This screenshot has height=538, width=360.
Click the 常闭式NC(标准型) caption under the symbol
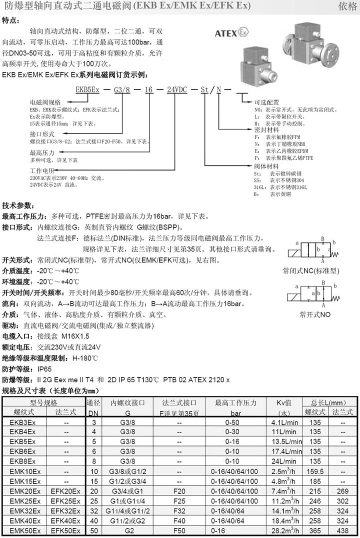pyautogui.click(x=310, y=271)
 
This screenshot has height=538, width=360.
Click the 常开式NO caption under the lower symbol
pyautogui.click(x=315, y=315)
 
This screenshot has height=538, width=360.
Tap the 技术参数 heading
pyautogui.click(x=18, y=205)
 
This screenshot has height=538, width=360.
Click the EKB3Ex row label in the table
pyautogui.click(x=22, y=423)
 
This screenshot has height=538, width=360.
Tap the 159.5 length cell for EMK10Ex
pyautogui.click(x=315, y=471)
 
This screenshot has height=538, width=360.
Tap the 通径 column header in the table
pyautogui.click(x=93, y=402)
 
